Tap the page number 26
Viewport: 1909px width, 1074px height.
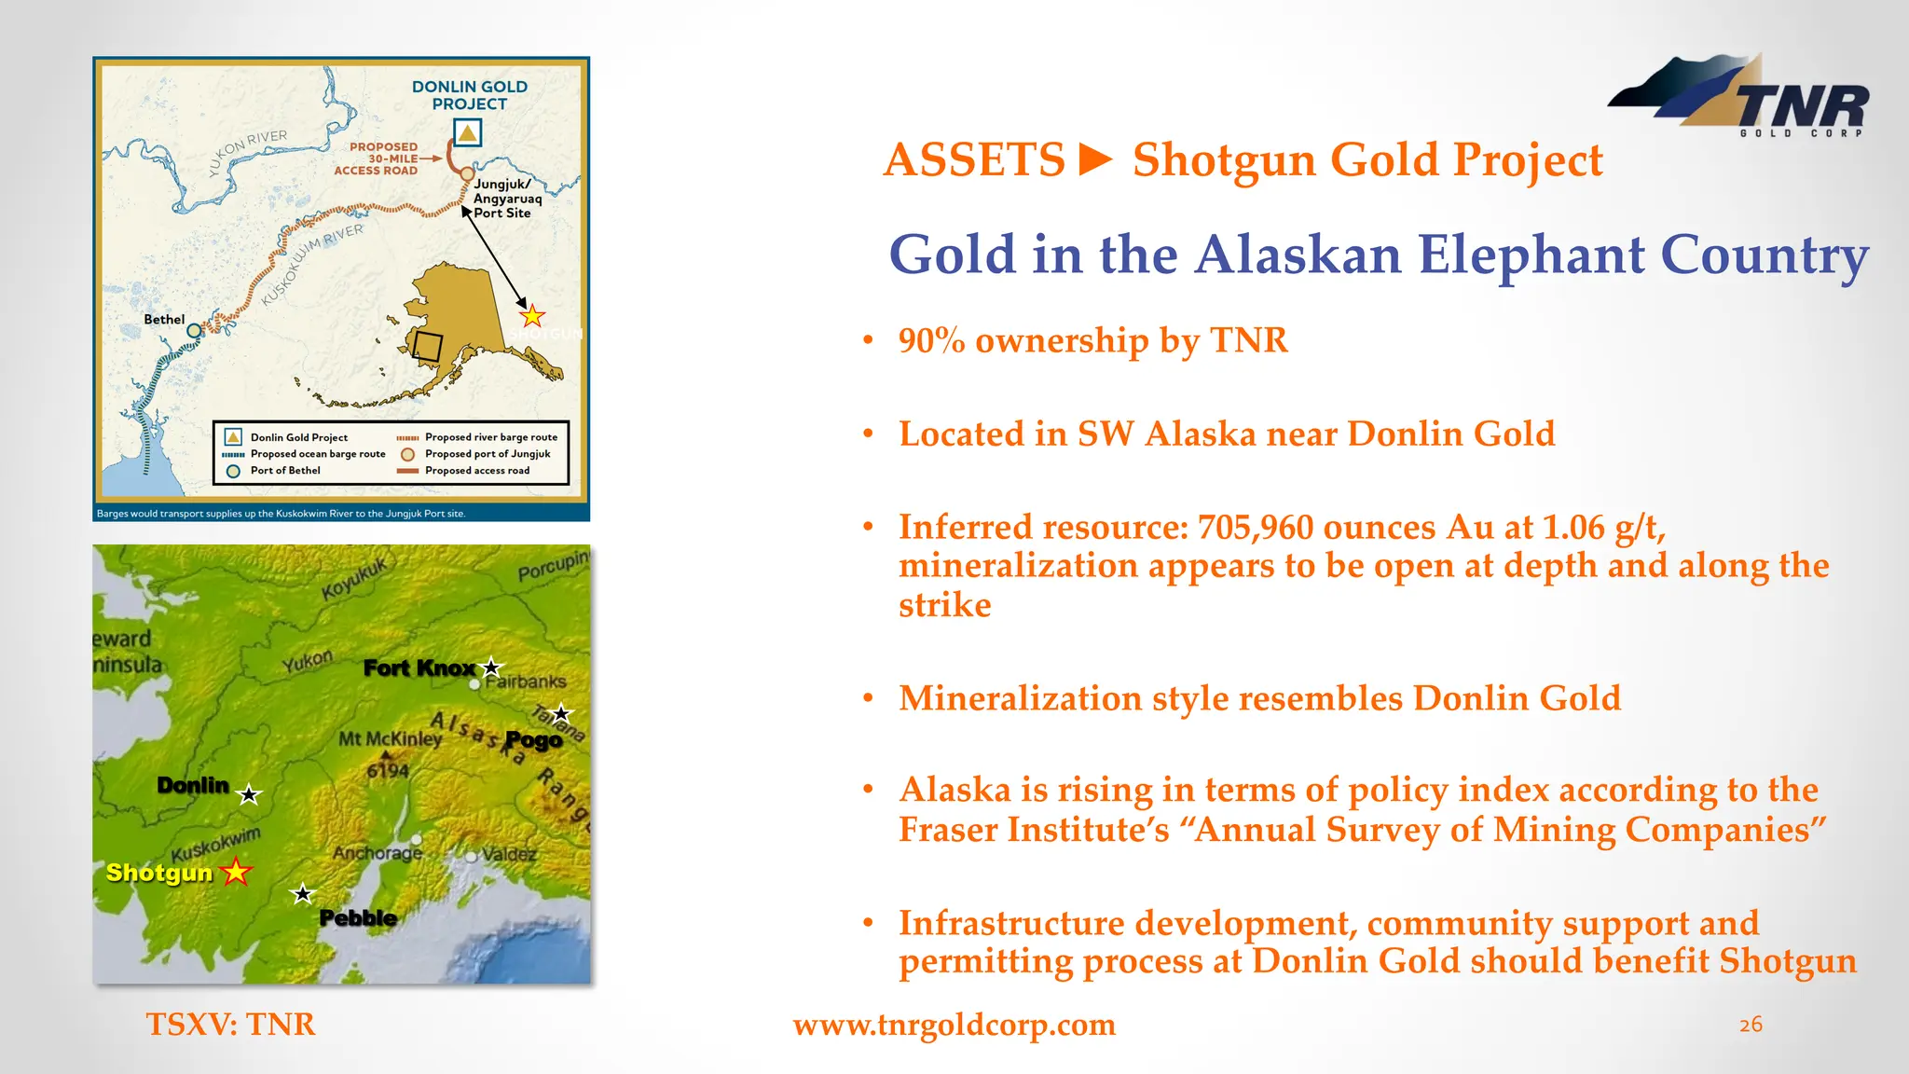tap(1751, 1025)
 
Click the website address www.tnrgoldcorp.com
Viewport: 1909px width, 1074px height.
tap(954, 1025)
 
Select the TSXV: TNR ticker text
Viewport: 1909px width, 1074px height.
tap(230, 1025)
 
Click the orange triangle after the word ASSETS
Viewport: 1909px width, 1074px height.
tap(1096, 159)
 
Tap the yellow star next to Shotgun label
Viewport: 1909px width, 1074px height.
tap(237, 872)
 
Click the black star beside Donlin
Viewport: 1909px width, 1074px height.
tap(248, 795)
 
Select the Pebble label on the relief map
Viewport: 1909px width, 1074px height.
tap(358, 918)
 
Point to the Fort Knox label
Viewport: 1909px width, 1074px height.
tap(419, 668)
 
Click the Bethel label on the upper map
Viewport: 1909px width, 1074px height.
tap(164, 320)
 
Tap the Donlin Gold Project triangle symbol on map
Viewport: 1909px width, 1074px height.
tap(467, 133)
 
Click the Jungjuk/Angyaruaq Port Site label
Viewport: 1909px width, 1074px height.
tap(506, 199)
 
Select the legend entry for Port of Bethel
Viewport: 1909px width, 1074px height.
tap(284, 471)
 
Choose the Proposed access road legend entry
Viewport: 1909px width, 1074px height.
tap(476, 471)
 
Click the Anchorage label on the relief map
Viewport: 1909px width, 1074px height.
tap(377, 853)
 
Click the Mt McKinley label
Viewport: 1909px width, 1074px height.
tap(390, 739)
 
